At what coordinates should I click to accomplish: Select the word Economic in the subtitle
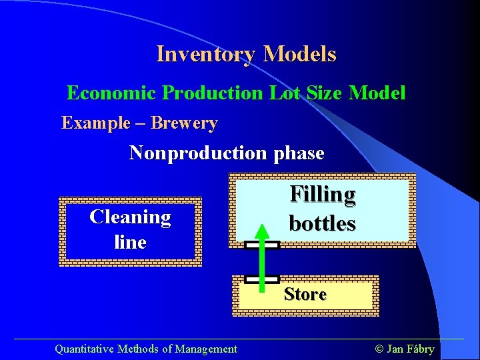click(111, 93)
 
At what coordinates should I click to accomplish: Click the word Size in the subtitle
click(323, 93)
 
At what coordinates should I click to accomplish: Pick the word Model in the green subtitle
click(377, 93)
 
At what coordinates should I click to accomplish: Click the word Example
click(96, 123)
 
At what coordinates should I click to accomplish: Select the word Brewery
click(184, 123)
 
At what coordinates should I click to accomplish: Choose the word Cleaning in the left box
click(130, 217)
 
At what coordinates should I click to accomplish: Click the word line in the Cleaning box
click(130, 242)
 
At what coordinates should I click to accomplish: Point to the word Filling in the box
click(322, 194)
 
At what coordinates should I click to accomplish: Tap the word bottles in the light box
click(322, 223)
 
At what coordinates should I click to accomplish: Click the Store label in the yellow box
click(305, 295)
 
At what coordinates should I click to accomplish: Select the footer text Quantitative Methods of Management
click(145, 349)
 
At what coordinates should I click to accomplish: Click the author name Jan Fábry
click(411, 349)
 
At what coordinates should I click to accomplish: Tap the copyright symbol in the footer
click(379, 349)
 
